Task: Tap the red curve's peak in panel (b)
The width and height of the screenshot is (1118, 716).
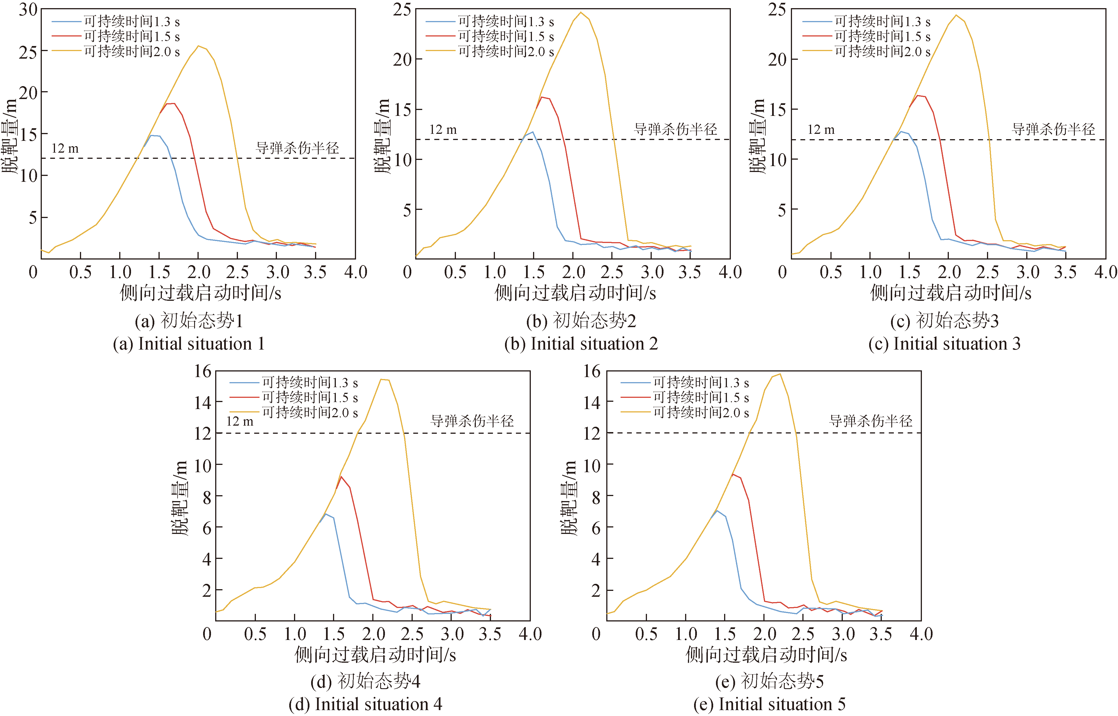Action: pyautogui.click(x=541, y=97)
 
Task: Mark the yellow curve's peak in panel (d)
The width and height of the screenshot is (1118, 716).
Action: pyautogui.click(x=381, y=379)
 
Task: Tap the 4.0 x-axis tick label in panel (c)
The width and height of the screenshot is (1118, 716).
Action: pyautogui.click(x=1105, y=272)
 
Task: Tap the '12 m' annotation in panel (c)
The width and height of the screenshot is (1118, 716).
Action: pyautogui.click(x=821, y=130)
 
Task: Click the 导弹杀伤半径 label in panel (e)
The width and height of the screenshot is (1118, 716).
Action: pyautogui.click(x=871, y=421)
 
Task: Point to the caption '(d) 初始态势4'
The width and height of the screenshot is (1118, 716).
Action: pyautogui.click(x=365, y=681)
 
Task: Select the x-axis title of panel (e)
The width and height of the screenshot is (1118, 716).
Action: pyautogui.click(x=766, y=655)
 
